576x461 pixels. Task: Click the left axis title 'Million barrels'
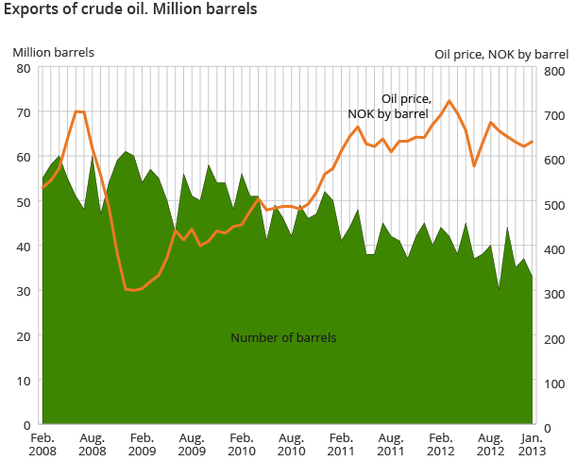[x=53, y=52]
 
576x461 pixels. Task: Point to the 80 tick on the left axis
[x=24, y=68]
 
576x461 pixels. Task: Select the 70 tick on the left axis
[x=24, y=112]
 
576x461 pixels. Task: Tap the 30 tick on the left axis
[x=24, y=291]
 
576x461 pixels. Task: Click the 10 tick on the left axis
[x=24, y=381]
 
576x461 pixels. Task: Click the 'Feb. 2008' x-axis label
[x=42, y=445]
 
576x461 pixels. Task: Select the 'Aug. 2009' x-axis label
[x=191, y=445]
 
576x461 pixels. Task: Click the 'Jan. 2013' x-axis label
[x=533, y=445]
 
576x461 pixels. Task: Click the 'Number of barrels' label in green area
[x=283, y=337]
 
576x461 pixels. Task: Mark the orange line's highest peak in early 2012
[x=449, y=101]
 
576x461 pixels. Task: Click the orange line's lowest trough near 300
[x=133, y=290]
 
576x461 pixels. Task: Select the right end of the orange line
[x=533, y=142]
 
